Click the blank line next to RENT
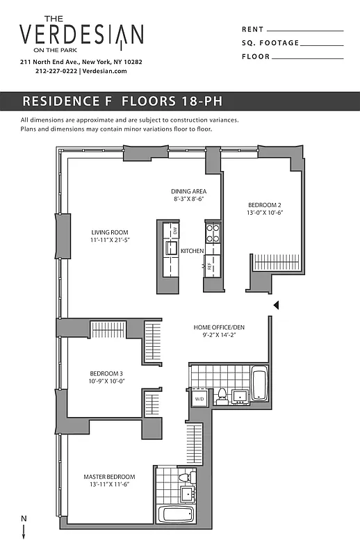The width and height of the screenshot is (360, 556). [305, 30]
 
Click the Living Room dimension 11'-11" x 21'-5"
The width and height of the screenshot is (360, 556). [110, 240]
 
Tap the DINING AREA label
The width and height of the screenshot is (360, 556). [188, 191]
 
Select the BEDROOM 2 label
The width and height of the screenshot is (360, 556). [265, 205]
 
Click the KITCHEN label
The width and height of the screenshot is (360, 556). [192, 250]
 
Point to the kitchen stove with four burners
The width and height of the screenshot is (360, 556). [212, 230]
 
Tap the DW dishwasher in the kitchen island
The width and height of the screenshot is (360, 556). [175, 230]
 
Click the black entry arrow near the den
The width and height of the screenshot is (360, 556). [276, 304]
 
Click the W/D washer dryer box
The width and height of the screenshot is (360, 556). [199, 398]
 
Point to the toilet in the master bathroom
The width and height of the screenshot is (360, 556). [185, 478]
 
